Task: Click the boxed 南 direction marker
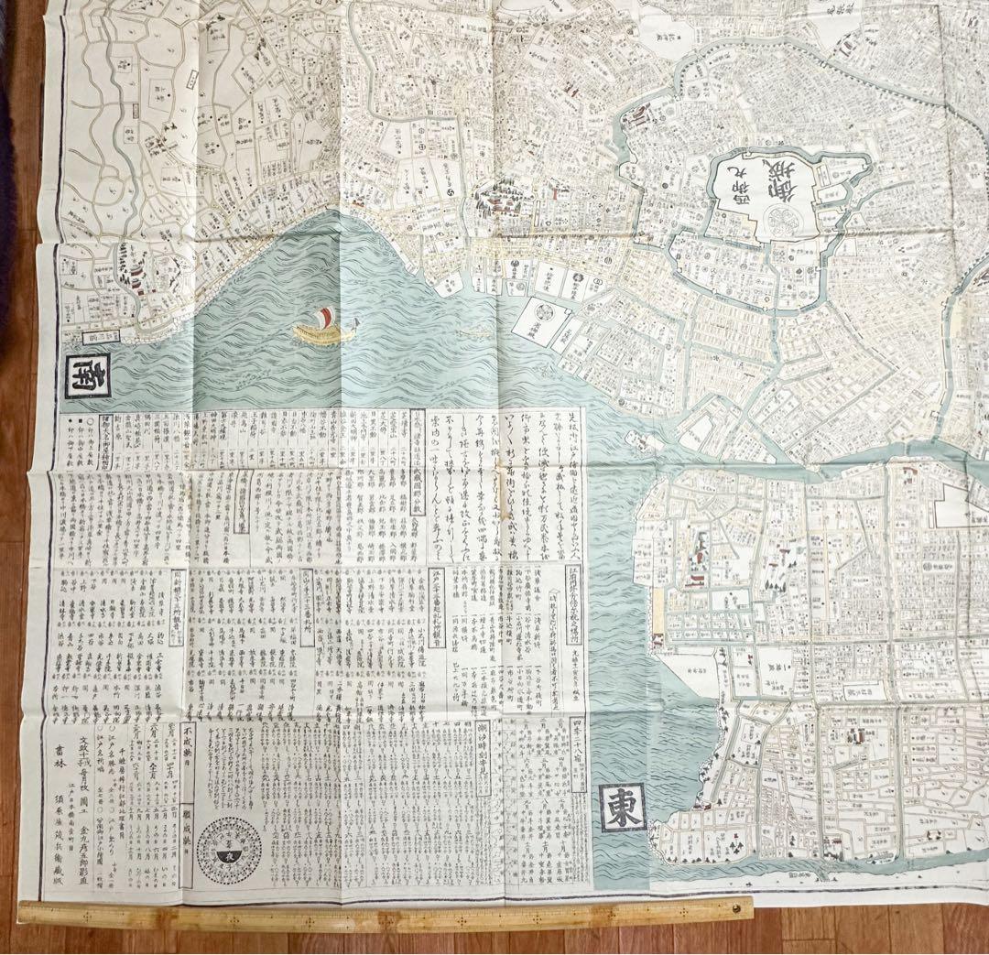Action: tap(89, 376)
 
